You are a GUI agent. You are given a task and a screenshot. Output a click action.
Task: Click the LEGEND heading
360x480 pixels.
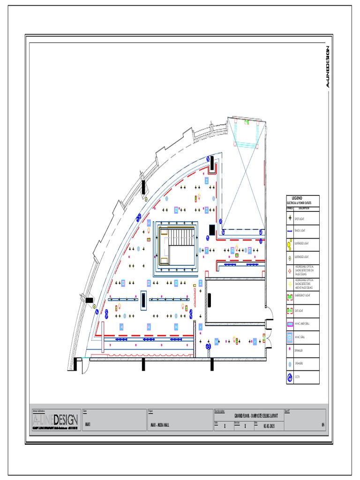click(x=297, y=198)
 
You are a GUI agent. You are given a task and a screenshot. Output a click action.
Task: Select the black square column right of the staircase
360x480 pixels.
click(x=212, y=230)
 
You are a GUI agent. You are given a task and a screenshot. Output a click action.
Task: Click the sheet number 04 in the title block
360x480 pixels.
click(x=323, y=426)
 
